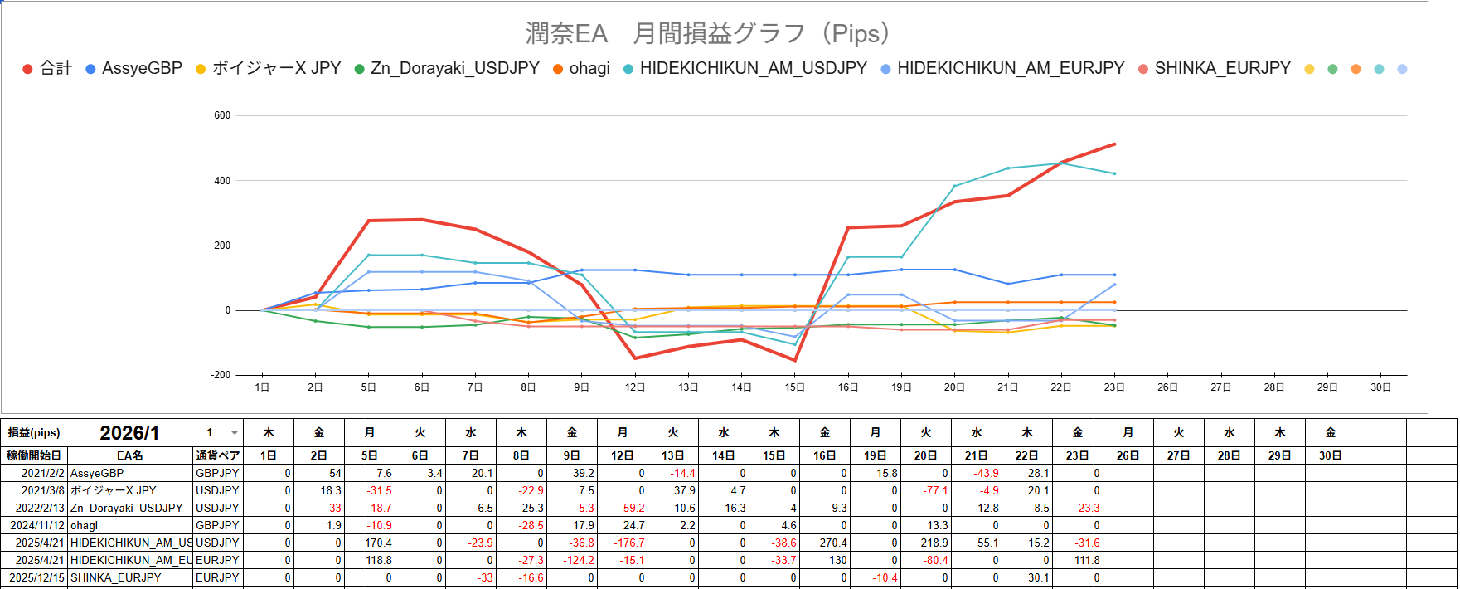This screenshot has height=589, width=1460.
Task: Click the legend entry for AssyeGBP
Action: pyautogui.click(x=142, y=68)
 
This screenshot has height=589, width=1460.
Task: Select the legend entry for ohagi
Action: pyautogui.click(x=589, y=68)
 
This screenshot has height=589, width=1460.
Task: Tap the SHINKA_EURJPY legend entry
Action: pyautogui.click(x=1222, y=68)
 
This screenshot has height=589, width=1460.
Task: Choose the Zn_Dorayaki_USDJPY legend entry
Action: pyautogui.click(x=454, y=68)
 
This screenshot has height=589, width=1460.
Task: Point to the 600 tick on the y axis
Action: pyautogui.click(x=222, y=115)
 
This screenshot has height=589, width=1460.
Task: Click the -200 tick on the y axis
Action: pyautogui.click(x=221, y=375)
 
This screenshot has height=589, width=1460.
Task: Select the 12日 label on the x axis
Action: pyautogui.click(x=635, y=387)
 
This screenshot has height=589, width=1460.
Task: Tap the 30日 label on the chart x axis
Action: pyautogui.click(x=1380, y=387)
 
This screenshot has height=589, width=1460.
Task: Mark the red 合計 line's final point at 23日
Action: pyautogui.click(x=1114, y=144)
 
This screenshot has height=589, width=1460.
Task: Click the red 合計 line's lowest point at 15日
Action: pyautogui.click(x=795, y=360)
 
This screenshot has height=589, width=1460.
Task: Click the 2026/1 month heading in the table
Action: pyautogui.click(x=129, y=433)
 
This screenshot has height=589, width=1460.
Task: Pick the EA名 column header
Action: pyautogui.click(x=130, y=455)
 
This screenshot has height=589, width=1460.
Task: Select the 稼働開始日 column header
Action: pyautogui.click(x=34, y=455)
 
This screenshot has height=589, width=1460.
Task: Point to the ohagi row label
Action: pyautogui.click(x=85, y=525)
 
